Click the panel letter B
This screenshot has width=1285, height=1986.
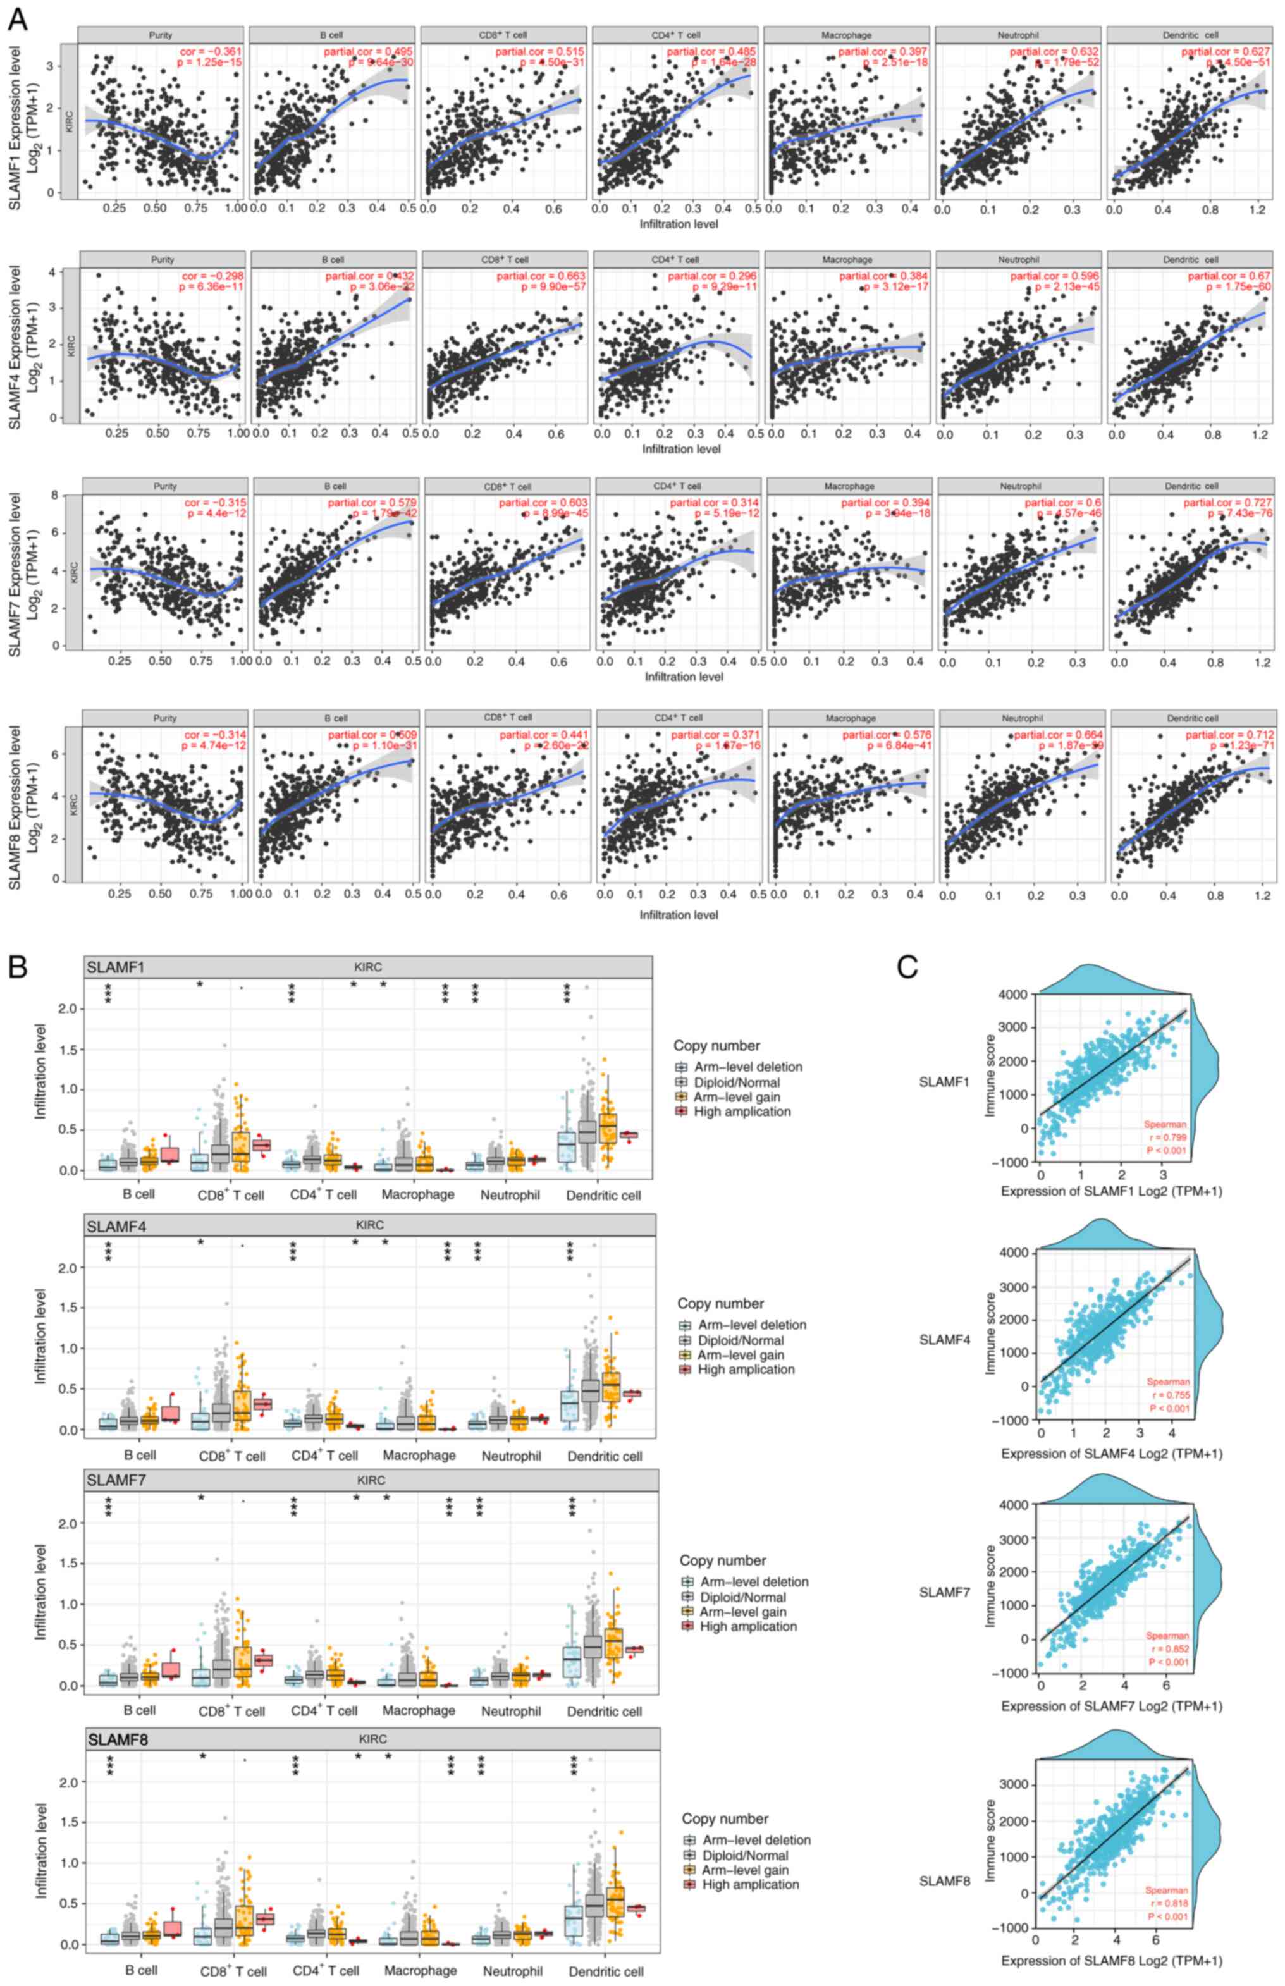[x=18, y=967]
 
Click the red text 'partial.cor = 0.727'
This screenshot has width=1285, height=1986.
[x=1227, y=502]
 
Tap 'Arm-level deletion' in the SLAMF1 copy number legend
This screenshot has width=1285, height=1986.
[x=747, y=1067]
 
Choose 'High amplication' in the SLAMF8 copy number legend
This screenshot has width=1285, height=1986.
[x=750, y=1884]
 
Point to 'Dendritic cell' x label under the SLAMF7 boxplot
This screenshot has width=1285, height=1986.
[x=603, y=1712]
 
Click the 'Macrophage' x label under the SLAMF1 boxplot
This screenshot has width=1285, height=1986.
[x=418, y=1194]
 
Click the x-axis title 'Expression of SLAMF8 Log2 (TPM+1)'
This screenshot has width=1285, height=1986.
[x=1112, y=1960]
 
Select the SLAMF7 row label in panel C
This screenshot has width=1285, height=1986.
[x=945, y=1592]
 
